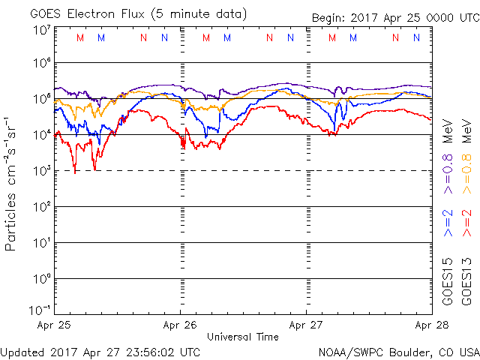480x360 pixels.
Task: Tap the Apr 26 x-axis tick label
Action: (x=180, y=325)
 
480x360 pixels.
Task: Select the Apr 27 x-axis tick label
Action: (x=306, y=325)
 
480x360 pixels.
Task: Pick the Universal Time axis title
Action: (x=242, y=337)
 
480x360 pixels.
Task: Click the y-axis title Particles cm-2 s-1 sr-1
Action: (x=12, y=183)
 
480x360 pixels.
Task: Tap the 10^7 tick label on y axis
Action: (x=40, y=30)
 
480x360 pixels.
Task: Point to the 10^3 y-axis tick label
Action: (x=40, y=171)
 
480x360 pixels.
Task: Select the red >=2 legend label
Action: (x=466, y=223)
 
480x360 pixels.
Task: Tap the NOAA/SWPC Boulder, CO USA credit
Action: (x=398, y=351)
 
